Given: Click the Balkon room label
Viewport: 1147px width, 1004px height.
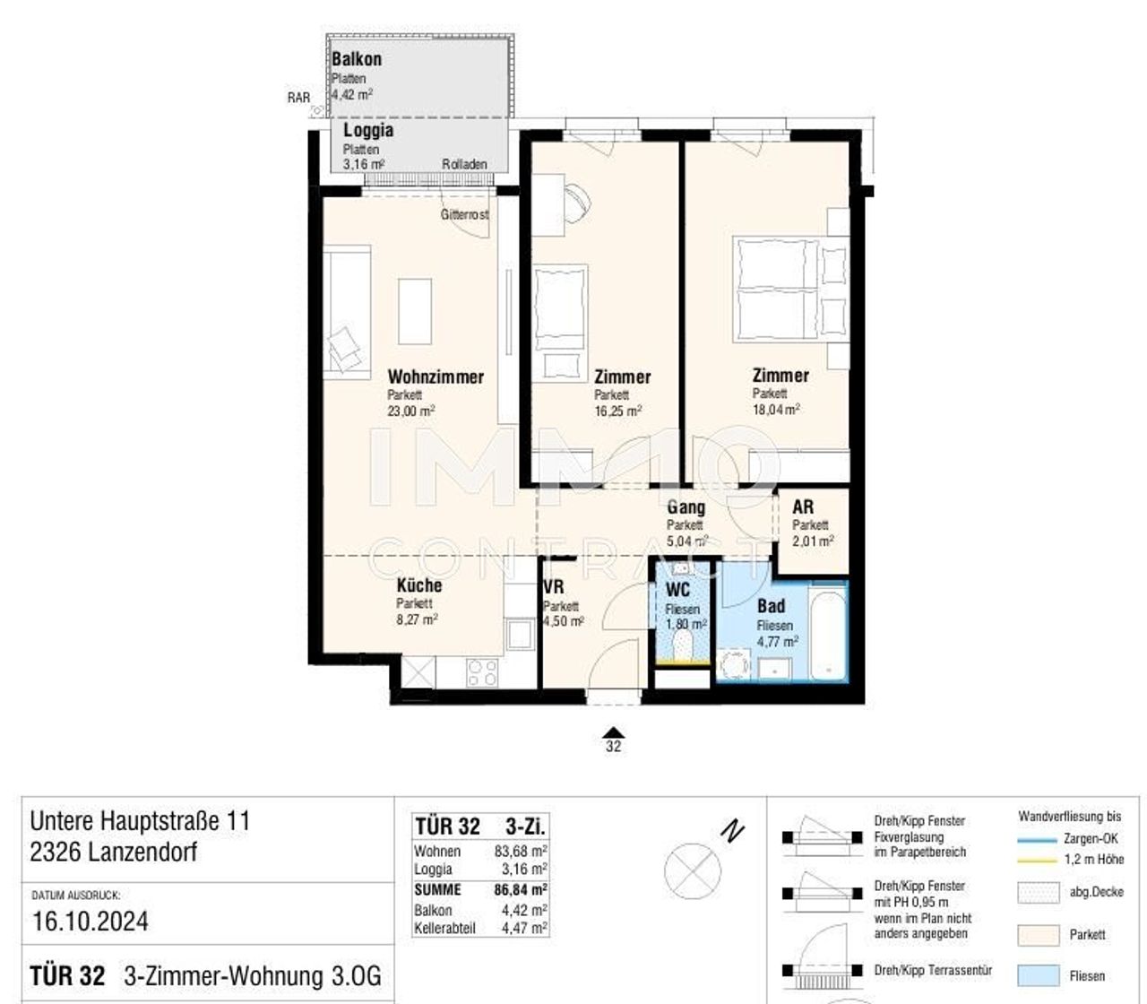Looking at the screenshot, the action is [x=357, y=59].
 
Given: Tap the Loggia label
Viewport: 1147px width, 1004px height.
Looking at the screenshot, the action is [x=368, y=130].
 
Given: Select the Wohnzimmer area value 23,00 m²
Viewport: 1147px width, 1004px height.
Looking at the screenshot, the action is [x=411, y=411].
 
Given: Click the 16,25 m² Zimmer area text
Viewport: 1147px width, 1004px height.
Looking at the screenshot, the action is [x=617, y=411].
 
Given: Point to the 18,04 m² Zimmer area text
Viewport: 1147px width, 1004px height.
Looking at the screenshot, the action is [x=776, y=409].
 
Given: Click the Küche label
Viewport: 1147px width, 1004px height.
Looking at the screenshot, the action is [x=419, y=585].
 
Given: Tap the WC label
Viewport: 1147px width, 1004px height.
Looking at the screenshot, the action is [x=677, y=590].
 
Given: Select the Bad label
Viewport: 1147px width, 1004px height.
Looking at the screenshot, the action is [x=771, y=606].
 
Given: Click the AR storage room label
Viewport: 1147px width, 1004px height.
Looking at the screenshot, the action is [x=803, y=507].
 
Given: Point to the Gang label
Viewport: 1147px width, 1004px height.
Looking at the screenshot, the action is [x=686, y=507].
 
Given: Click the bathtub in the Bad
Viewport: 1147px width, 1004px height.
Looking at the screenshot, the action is [x=827, y=632].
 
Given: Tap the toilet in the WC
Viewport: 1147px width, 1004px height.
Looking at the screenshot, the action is [x=682, y=645].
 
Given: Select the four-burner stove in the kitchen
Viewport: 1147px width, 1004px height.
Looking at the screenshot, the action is [x=482, y=672].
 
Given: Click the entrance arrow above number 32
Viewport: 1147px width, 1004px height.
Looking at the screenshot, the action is [x=613, y=732].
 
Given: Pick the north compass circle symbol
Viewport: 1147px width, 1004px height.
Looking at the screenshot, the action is [x=693, y=870].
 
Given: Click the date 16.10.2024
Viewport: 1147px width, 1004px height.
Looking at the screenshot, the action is [x=91, y=922].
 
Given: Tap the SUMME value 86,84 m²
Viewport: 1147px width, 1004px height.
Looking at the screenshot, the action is [x=521, y=890].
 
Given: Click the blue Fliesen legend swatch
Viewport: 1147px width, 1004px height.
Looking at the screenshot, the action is [x=1039, y=976].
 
